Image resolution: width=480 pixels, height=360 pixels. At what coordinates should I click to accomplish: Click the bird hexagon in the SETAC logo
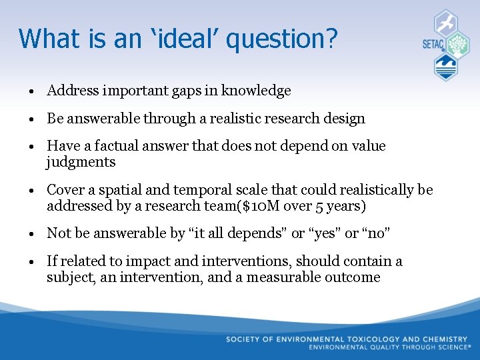pyautogui.click(x=445, y=23)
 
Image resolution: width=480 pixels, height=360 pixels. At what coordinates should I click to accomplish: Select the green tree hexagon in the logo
pyautogui.click(x=457, y=45)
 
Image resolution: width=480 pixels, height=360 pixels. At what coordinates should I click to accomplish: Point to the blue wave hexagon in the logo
pyautogui.click(x=445, y=67)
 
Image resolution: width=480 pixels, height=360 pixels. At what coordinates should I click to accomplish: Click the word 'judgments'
pyautogui.click(x=81, y=162)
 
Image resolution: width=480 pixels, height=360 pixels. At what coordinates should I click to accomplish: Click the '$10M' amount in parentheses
pyautogui.click(x=269, y=206)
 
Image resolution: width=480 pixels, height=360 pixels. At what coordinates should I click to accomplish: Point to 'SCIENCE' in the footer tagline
pyautogui.click(x=449, y=347)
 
